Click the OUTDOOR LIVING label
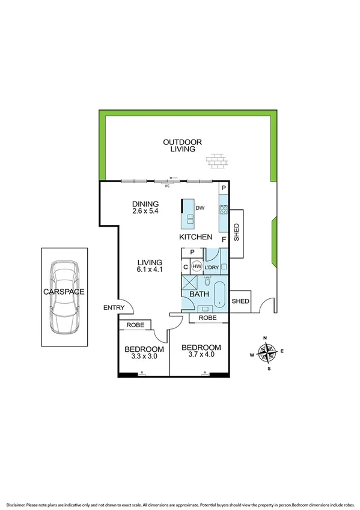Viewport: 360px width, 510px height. [182, 145]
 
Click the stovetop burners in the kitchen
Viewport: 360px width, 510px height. [224, 210]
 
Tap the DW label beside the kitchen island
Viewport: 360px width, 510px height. [201, 208]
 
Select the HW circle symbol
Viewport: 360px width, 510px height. [197, 266]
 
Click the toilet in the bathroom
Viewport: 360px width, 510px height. [207, 281]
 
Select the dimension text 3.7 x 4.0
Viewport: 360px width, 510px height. [201, 356]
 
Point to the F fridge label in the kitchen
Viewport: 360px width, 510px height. [224, 239]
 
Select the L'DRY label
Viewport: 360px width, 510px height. [212, 267]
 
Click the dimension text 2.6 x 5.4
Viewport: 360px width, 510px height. [145, 212]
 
